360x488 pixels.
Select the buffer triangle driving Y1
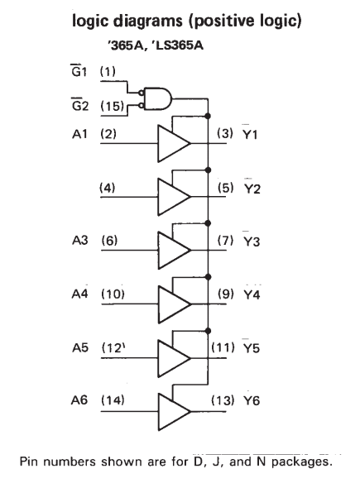pyautogui.click(x=174, y=143)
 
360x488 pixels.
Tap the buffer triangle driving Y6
pyautogui.click(x=174, y=412)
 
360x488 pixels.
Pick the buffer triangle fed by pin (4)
pyautogui.click(x=174, y=197)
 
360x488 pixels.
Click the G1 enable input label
pyautogui.click(x=79, y=70)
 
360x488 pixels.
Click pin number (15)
pyautogui.click(x=112, y=106)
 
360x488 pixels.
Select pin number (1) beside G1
pyautogui.click(x=108, y=72)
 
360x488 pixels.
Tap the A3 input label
pyautogui.click(x=80, y=241)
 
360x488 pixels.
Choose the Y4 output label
pyautogui.click(x=252, y=294)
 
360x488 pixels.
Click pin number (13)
pyautogui.click(x=223, y=400)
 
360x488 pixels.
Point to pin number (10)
pyautogui.click(x=113, y=294)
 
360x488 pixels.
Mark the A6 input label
pyautogui.click(x=79, y=400)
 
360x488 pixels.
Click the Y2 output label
pyautogui.click(x=252, y=188)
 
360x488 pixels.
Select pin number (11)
pyautogui.click(x=223, y=347)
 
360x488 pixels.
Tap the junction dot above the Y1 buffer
pyautogui.click(x=208, y=116)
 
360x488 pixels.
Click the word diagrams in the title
pyautogui.click(x=147, y=22)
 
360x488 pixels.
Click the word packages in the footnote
pyautogui.click(x=300, y=462)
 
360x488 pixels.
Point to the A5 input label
pyautogui.click(x=80, y=347)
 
